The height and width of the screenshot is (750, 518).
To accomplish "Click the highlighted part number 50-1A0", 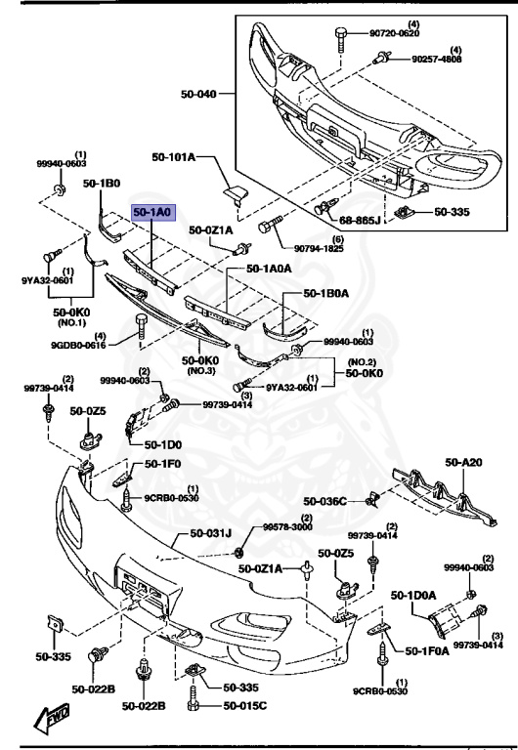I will tap(152, 211).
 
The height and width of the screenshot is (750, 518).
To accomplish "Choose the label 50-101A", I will tap(174, 156).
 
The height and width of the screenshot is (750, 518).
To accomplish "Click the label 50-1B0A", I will tap(332, 292).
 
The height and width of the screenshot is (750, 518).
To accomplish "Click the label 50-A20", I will tap(464, 462).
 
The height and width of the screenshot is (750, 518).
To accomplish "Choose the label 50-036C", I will tap(324, 501).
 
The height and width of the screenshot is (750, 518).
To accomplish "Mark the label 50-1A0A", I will tap(269, 268).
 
